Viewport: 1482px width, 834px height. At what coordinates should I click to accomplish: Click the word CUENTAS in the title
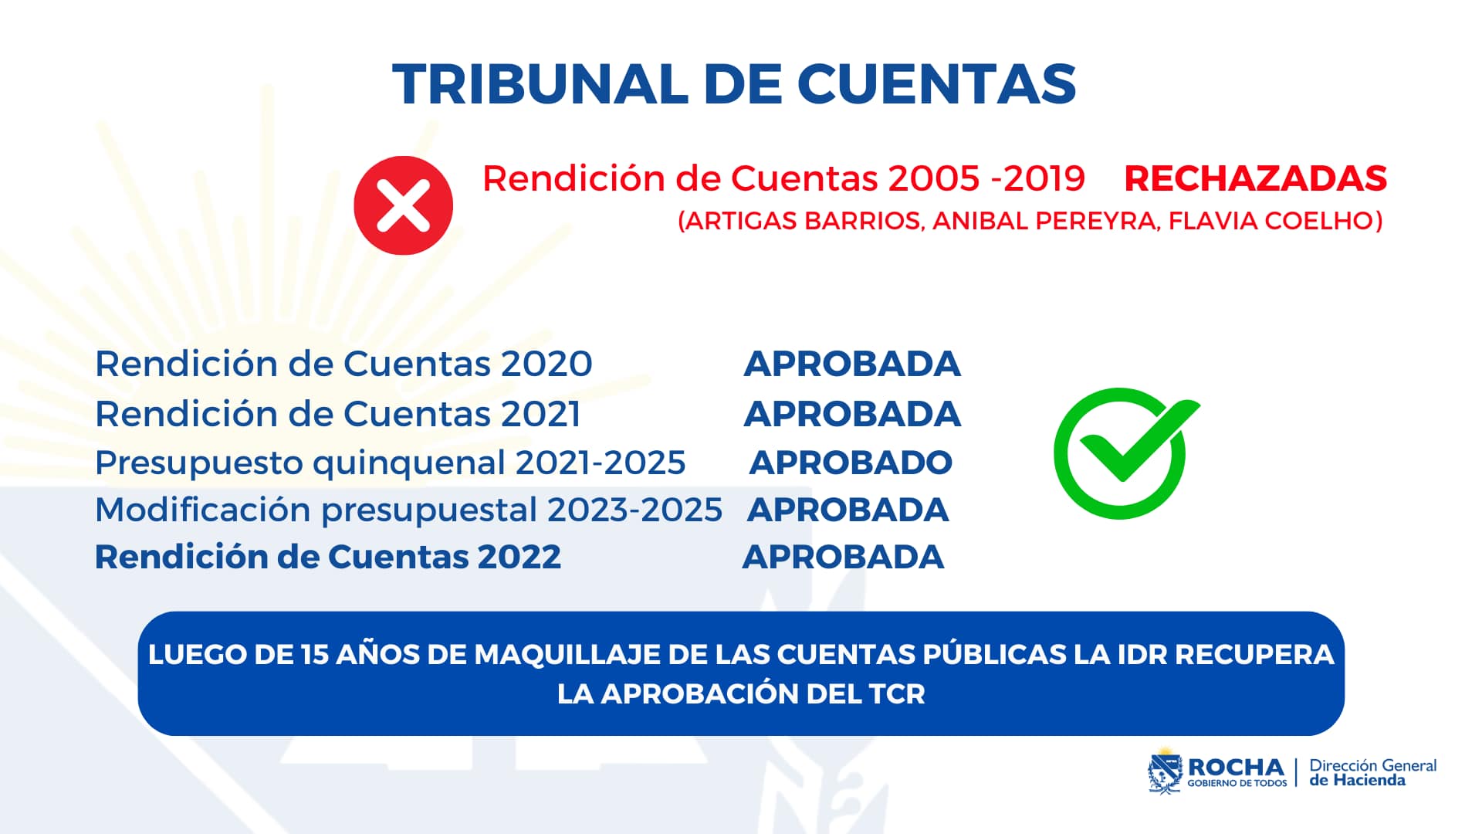[936, 83]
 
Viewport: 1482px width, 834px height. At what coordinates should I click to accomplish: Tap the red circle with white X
[403, 205]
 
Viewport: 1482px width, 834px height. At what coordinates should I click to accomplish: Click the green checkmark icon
[1123, 453]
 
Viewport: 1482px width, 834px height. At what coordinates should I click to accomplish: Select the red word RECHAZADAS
[1255, 178]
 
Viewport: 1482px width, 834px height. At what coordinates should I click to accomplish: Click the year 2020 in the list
[546, 364]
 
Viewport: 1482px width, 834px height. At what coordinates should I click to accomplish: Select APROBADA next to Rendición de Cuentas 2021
[852, 414]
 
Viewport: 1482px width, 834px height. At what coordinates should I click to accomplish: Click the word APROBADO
[851, 463]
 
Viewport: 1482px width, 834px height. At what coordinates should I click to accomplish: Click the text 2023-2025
[634, 510]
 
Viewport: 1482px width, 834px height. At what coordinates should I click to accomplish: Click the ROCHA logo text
[1235, 768]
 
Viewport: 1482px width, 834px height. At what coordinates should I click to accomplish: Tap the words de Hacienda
[1357, 781]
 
